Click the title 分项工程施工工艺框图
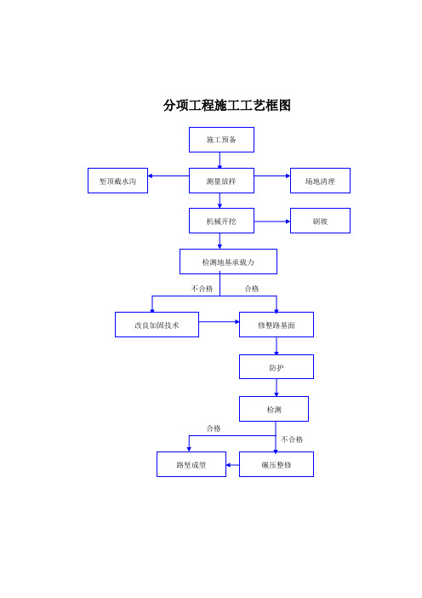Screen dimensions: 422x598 pyautogui.click(x=227, y=106)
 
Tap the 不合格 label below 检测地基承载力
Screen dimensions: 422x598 pyautogui.click(x=202, y=289)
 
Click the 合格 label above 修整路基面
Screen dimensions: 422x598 pyautogui.click(x=252, y=289)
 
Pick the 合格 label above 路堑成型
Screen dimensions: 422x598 pyautogui.click(x=214, y=428)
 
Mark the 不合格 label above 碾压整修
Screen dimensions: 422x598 pyautogui.click(x=292, y=440)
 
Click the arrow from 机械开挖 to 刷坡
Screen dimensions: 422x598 pyautogui.click(x=272, y=221)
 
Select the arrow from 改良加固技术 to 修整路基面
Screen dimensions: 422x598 pyautogui.click(x=219, y=322)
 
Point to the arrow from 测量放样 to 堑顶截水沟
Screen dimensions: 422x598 pyautogui.click(x=168, y=175)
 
